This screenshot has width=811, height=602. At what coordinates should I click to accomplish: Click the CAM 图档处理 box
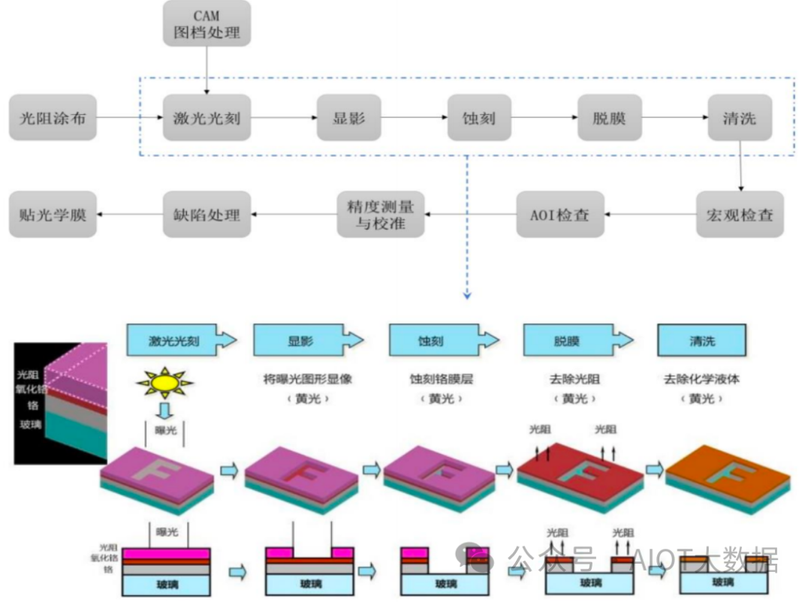[207, 23]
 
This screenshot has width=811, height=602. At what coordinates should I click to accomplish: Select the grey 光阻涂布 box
[53, 118]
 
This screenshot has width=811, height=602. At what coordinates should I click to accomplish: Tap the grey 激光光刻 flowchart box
[207, 118]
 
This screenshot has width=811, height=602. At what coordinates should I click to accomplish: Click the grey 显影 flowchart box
[348, 118]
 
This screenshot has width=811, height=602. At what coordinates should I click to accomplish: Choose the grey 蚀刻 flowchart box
[479, 118]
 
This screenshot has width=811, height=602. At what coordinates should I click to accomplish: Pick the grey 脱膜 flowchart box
[609, 118]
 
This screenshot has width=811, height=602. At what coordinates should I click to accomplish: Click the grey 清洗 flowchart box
[740, 118]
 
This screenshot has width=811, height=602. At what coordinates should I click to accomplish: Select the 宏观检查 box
[740, 215]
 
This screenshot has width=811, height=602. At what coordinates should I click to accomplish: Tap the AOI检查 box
[559, 215]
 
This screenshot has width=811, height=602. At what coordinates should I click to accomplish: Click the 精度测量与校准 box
[380, 215]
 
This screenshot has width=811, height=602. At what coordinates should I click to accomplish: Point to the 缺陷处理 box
[207, 215]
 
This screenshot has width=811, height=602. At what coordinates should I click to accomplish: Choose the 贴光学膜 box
[53, 215]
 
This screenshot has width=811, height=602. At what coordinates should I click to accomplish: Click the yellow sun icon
[164, 384]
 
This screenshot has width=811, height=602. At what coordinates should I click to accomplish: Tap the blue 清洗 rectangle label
[701, 341]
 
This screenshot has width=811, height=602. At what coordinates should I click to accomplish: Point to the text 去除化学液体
[701, 379]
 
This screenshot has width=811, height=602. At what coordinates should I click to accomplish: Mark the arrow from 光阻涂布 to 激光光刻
[129, 118]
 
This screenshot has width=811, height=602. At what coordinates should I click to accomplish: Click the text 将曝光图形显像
[309, 379]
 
